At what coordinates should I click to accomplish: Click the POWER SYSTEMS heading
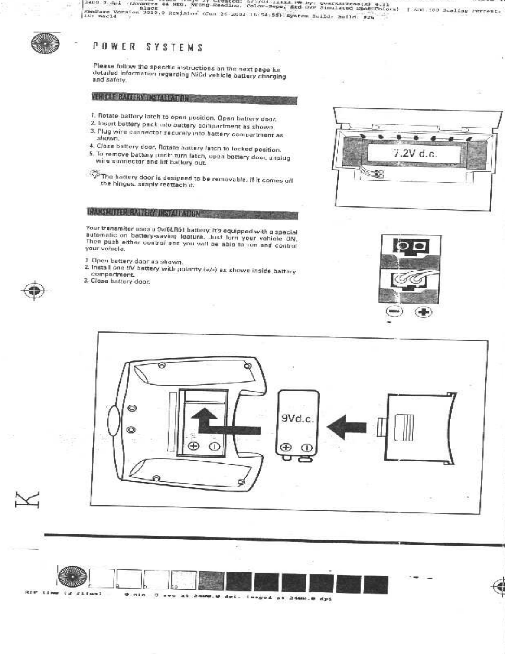point(148,47)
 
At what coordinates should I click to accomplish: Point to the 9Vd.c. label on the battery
point(297,419)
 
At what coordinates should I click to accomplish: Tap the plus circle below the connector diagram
point(423,312)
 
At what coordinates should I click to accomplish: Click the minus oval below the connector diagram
point(394,312)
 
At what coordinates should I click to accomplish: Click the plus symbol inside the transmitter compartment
point(193,446)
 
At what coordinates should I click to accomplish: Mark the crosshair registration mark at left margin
point(36,290)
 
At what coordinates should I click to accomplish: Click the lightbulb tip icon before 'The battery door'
point(94,175)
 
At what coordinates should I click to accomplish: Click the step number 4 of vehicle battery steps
point(92,147)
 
